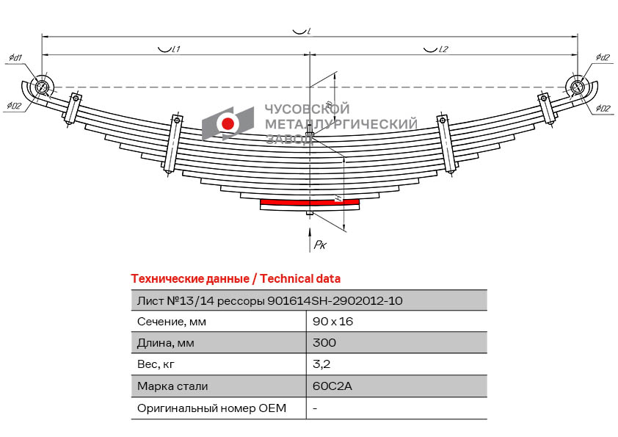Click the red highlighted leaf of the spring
pos(309,201)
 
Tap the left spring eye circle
pos(42,87)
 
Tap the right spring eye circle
pos(578,87)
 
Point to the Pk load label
pos(319,245)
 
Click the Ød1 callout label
pos(15,57)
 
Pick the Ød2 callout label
pos(603,57)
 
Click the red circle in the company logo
pos(228,123)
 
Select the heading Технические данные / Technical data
pos(235,279)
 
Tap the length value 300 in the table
pos(324,343)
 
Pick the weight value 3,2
pos(320,364)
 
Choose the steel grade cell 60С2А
pos(327,386)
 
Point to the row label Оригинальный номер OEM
pos(212,408)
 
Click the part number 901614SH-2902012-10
pos(335,300)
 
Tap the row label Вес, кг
pos(156,364)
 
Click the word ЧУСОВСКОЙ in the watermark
pos(307,109)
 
